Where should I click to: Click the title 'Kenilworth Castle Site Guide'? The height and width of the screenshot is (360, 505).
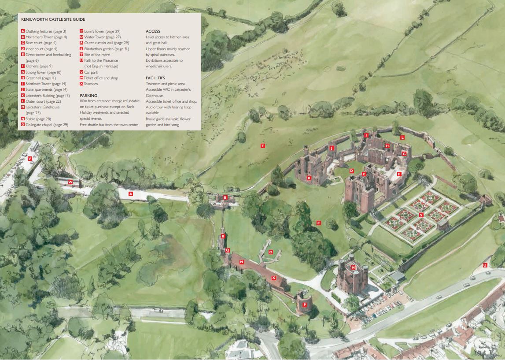point(53,19)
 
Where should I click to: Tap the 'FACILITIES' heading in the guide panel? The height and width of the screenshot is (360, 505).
point(155,78)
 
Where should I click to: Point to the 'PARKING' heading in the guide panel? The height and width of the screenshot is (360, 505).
point(88,95)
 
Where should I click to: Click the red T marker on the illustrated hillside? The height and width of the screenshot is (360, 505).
point(263,146)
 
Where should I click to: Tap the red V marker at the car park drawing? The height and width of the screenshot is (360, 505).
point(30,159)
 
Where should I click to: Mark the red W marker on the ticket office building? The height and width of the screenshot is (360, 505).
point(70,182)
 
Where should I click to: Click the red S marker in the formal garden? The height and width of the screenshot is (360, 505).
point(421,215)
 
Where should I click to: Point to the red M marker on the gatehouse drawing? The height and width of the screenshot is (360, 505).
point(353,267)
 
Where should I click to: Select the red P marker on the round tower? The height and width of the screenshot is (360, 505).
point(304,304)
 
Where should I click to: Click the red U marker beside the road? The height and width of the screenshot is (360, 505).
point(485,265)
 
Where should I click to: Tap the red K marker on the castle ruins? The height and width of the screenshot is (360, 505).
point(309,178)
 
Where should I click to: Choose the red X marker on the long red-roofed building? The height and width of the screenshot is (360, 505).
point(273,278)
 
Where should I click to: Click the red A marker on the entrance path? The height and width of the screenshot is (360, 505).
point(131,194)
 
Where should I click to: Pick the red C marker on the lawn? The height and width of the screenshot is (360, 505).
point(318,223)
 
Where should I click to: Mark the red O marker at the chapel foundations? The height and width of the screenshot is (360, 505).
point(271,252)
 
